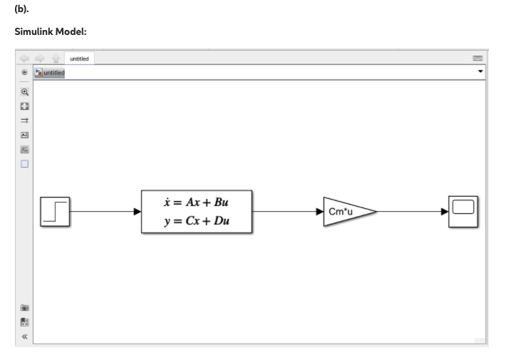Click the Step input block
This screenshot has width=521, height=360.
[x=55, y=211]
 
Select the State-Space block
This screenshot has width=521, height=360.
[x=197, y=211]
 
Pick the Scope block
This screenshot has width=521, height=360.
[x=463, y=211]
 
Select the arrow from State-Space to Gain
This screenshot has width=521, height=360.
[x=288, y=211]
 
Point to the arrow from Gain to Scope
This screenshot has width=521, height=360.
[x=412, y=211]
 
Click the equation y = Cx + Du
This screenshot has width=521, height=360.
[x=197, y=221]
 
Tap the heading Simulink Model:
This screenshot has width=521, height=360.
[x=50, y=32]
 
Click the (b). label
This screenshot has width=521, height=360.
[x=21, y=8]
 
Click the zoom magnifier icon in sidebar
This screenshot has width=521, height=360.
[x=25, y=92]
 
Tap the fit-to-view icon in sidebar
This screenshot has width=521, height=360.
[x=25, y=106]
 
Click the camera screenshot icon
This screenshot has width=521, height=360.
[x=25, y=308]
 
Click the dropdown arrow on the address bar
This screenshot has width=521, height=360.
[x=480, y=72]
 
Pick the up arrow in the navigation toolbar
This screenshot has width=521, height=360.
[x=54, y=58]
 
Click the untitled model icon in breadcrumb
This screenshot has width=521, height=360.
[x=38, y=72]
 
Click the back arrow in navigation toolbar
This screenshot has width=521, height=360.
[x=25, y=58]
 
